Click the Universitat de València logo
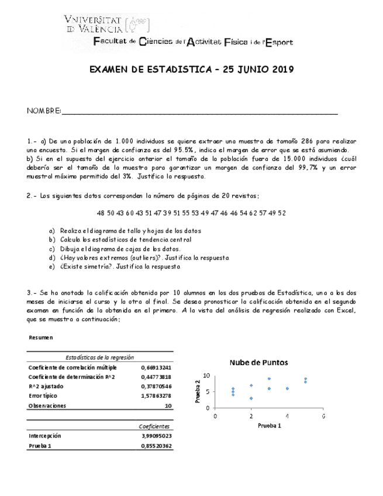[x=108, y=23]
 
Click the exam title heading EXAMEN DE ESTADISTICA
[x=191, y=70]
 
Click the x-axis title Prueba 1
[x=269, y=425]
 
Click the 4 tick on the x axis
[x=287, y=416]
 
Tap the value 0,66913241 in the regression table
[x=156, y=367]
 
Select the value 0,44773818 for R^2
[x=156, y=377]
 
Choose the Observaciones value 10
[x=168, y=405]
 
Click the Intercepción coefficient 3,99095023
[x=156, y=436]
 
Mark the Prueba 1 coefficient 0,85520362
[x=156, y=446]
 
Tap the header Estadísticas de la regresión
[x=100, y=357]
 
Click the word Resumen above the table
[x=40, y=337]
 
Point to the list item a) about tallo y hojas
[x=126, y=231]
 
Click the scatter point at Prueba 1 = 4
[x=287, y=388]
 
